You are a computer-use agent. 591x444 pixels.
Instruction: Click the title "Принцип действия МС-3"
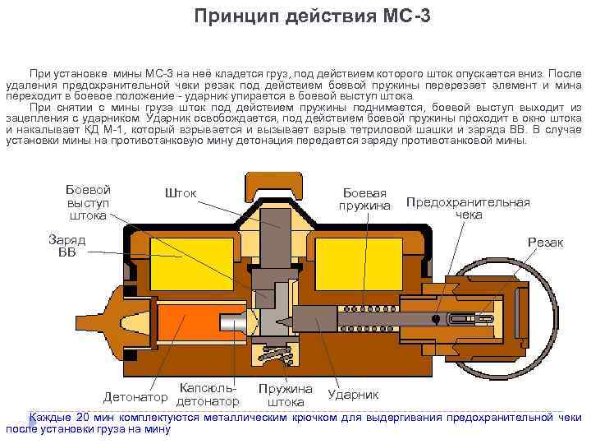(x=312, y=16)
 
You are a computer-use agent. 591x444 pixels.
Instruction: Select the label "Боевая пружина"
(x=365, y=198)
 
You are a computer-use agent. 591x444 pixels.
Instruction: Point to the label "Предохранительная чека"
(x=468, y=208)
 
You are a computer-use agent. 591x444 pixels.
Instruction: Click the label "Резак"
(x=545, y=243)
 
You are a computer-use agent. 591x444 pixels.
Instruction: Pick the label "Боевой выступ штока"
(x=88, y=202)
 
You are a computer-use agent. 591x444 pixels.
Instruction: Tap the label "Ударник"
(x=353, y=395)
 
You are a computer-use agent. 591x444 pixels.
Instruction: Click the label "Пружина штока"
(x=286, y=395)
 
